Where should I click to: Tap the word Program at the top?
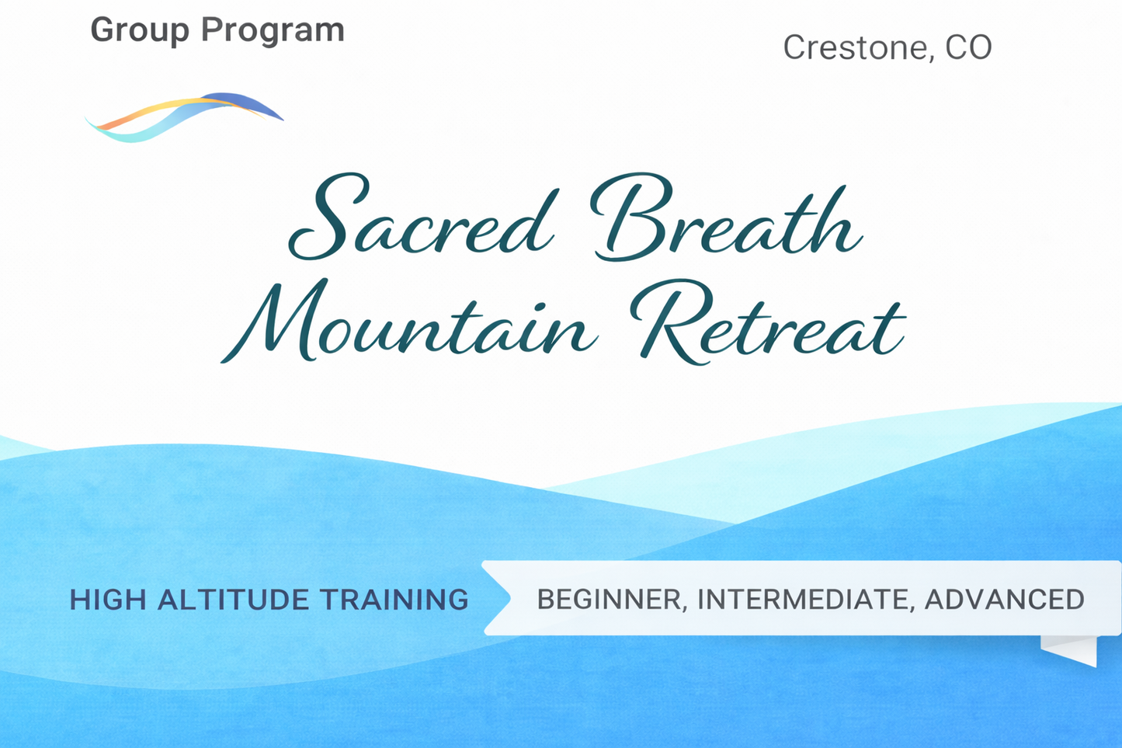273,30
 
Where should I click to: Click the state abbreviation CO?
968,47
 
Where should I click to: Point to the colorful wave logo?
183,117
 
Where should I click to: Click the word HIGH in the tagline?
107,600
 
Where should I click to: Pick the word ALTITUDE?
233,600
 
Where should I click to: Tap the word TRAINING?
394,600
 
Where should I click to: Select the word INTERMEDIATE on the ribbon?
804,600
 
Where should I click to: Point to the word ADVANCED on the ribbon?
1005,600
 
